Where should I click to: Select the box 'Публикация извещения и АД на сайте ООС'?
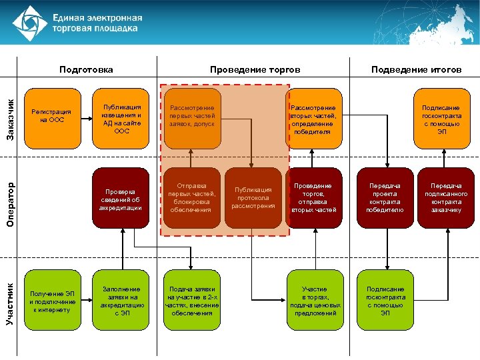pos(121,119)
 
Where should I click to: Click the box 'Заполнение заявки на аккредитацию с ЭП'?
pos(121,301)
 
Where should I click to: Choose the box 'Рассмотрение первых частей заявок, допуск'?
pos(192,117)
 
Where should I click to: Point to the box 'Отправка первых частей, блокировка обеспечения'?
pos(192,197)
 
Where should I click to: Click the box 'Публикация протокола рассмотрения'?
pos(253,197)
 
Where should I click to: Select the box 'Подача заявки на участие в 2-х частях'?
pos(192,301)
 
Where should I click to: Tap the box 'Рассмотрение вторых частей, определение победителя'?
pos(313,119)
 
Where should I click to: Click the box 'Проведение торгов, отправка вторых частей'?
pos(313,197)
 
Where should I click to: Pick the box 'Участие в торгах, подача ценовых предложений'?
pos(313,301)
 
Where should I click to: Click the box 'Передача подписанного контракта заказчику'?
pos(445,197)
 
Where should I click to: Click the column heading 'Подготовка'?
pos(85,69)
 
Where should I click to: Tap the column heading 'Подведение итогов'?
pos(416,69)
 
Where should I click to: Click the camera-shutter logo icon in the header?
pos(31,23)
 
